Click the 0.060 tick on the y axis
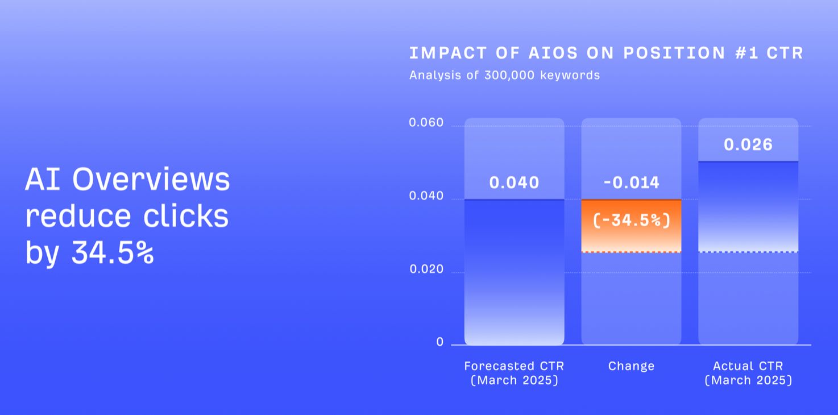[426, 123]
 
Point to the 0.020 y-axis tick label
[426, 269]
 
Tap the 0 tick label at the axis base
[439, 342]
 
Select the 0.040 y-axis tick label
[426, 196]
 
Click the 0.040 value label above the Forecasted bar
[514, 182]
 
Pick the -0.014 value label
[631, 182]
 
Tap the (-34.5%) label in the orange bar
[631, 220]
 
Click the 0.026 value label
[748, 144]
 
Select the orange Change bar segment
[631, 239]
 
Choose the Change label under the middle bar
[631, 366]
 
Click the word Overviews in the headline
[151, 180]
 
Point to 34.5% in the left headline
[112, 253]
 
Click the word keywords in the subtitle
[571, 75]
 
